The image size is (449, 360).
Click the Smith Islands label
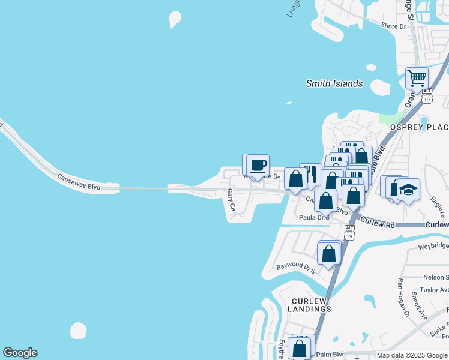click(334, 83)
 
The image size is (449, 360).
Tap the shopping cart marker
click(416, 79)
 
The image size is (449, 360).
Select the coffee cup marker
click(258, 166)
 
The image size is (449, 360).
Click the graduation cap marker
click(408, 190)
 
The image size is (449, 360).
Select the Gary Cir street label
click(231, 200)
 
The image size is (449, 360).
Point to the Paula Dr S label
click(315, 217)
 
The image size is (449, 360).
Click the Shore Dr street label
click(395, 25)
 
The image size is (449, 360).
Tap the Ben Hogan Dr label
click(402, 297)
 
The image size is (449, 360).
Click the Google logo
click(20, 353)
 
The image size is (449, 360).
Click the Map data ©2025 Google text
click(412, 355)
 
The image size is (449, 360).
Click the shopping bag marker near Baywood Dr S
click(329, 253)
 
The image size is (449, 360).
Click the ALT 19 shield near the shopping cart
click(427, 97)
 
